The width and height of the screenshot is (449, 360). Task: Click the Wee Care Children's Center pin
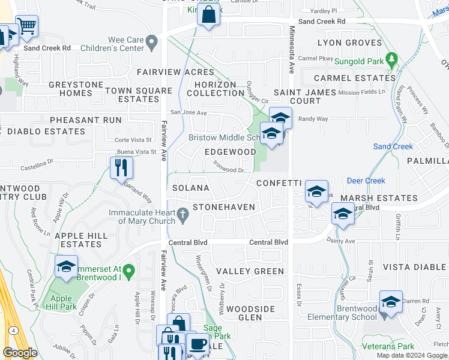click(152, 43)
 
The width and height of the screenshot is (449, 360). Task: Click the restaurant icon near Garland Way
click(122, 167)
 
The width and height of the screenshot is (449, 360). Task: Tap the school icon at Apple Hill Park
click(66, 267)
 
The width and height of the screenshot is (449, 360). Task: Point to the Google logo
click(20, 353)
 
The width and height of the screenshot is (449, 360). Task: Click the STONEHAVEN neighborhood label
click(224, 208)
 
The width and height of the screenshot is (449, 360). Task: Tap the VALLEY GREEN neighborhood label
click(250, 271)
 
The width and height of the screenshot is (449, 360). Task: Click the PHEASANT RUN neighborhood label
click(86, 120)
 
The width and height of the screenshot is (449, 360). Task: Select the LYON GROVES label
click(349, 43)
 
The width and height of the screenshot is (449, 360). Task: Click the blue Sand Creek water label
click(393, 146)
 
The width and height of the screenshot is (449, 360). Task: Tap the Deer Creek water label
click(366, 181)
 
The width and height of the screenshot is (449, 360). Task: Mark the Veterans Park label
click(388, 347)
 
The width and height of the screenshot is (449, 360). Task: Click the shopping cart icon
click(26, 26)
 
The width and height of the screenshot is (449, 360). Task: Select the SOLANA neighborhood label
click(191, 188)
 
